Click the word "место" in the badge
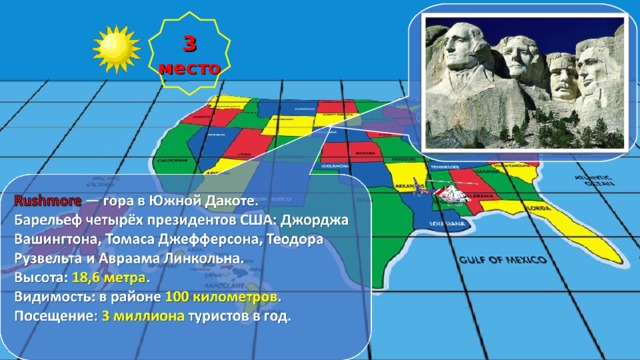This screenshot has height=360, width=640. pos(188,68)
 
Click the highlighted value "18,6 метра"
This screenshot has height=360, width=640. pos(110,277)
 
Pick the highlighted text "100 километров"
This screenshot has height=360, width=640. pos(222,297)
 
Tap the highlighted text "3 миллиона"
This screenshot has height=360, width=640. pos(143,316)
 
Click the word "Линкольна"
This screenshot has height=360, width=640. pos(203,258)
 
